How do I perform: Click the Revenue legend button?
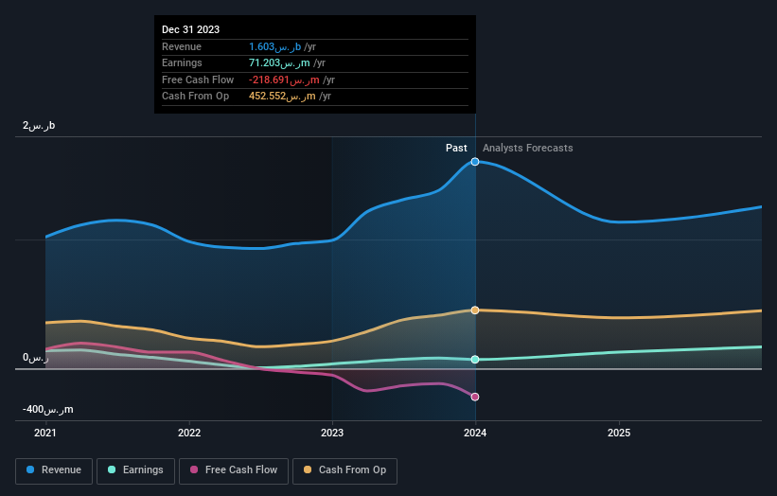click(x=55, y=470)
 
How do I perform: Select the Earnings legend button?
click(x=135, y=470)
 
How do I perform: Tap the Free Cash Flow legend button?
click(x=234, y=470)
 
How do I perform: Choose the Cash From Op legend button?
click(x=345, y=470)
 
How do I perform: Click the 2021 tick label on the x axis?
click(x=45, y=433)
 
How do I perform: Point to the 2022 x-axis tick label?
click(x=189, y=433)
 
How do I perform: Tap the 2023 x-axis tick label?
click(x=332, y=433)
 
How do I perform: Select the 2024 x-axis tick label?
click(x=475, y=433)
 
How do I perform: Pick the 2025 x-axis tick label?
click(x=619, y=433)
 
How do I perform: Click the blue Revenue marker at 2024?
click(x=475, y=162)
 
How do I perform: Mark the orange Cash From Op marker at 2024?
click(x=475, y=310)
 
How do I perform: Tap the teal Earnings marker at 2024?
click(x=475, y=360)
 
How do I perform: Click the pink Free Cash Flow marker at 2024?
click(x=475, y=397)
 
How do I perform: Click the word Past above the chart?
click(x=457, y=148)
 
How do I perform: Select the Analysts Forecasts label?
click(x=527, y=148)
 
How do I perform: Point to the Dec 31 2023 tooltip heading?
click(x=191, y=29)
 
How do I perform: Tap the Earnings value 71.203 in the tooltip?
click(x=267, y=63)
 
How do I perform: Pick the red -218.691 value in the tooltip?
click(x=274, y=80)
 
